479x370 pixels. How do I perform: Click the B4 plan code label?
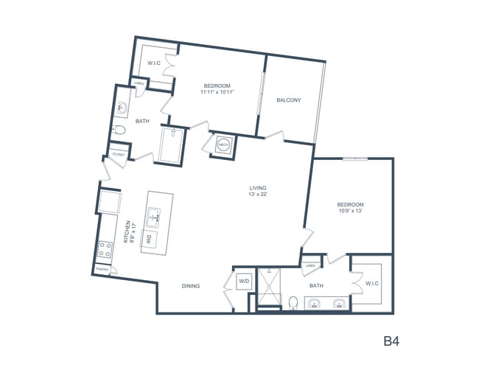(x=392, y=341)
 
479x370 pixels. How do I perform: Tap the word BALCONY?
(x=288, y=100)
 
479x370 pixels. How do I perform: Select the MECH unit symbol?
(x=223, y=144)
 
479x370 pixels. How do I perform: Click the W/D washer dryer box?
(x=243, y=282)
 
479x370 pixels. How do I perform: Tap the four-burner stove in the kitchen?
(x=105, y=251)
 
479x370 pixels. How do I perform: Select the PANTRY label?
(x=102, y=270)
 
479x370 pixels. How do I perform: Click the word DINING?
(x=191, y=286)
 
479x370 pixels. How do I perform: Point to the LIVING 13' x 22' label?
(x=257, y=192)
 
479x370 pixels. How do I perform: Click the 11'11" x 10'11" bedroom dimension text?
(x=217, y=92)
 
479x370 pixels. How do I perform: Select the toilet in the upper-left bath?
(x=121, y=131)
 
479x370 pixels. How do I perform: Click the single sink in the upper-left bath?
(x=122, y=109)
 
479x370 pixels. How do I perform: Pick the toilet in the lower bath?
(x=293, y=302)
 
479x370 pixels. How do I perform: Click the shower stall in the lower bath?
(x=268, y=289)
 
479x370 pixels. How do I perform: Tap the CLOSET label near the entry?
(x=118, y=155)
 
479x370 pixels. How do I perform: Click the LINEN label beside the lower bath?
(x=310, y=265)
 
